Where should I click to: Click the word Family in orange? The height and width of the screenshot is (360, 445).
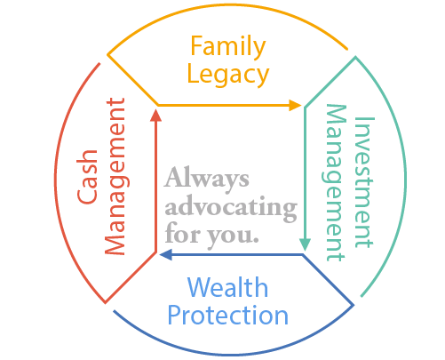[x=227, y=46]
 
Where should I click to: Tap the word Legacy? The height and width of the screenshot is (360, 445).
[x=228, y=76]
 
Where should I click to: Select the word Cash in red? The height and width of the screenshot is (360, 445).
[x=87, y=177]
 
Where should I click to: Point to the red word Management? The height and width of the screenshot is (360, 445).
[x=115, y=176]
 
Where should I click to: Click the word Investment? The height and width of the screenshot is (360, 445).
[x=364, y=182]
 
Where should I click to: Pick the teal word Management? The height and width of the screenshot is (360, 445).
[x=335, y=183]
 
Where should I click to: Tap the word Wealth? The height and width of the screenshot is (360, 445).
[x=227, y=287]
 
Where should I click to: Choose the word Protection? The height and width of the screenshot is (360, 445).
[x=227, y=316]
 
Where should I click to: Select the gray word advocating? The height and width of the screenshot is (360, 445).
[x=231, y=207]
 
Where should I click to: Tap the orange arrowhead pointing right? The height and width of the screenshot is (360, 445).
[x=295, y=105]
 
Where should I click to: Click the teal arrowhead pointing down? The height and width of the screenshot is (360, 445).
[x=305, y=244]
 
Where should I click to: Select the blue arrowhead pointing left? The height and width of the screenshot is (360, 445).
[x=166, y=254]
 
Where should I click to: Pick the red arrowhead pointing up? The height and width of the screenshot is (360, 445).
[x=155, y=116]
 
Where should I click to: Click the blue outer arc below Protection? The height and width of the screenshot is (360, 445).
[x=234, y=355]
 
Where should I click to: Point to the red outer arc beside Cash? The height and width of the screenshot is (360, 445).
[x=55, y=178]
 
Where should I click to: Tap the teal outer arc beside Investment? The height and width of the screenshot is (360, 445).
[x=405, y=178]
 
